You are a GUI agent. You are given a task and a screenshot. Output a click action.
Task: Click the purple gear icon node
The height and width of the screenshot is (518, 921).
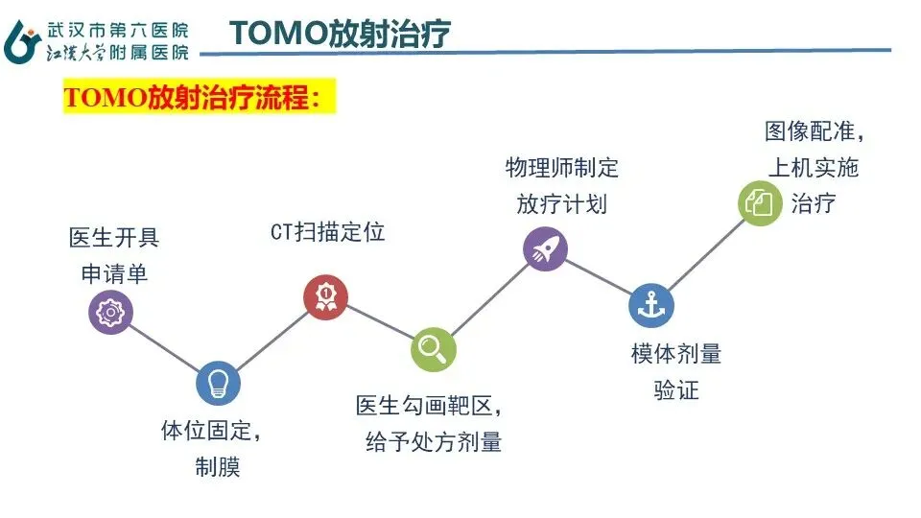point(111,312)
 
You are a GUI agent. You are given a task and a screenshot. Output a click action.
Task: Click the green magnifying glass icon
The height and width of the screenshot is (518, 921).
point(433,349)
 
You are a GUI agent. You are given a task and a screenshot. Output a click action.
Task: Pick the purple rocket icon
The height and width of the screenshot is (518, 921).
point(545,249)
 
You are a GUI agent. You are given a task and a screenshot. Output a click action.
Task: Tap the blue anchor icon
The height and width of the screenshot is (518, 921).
point(651,305)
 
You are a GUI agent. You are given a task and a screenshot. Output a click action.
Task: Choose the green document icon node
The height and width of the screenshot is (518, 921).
point(760,203)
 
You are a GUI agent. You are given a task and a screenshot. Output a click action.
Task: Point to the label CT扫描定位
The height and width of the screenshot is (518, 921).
point(327,233)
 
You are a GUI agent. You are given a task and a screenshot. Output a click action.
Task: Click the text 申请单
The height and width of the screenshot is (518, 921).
point(114,273)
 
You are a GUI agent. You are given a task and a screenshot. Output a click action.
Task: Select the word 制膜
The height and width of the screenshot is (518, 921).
point(218,468)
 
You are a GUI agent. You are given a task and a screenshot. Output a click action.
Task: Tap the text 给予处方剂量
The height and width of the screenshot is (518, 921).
point(434,443)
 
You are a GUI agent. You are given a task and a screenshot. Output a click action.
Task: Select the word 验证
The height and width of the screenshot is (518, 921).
point(676,390)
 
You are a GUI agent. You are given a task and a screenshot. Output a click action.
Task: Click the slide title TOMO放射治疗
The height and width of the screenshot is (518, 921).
point(341,34)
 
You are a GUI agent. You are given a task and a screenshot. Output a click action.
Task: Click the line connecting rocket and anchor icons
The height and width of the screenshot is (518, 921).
point(598,277)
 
